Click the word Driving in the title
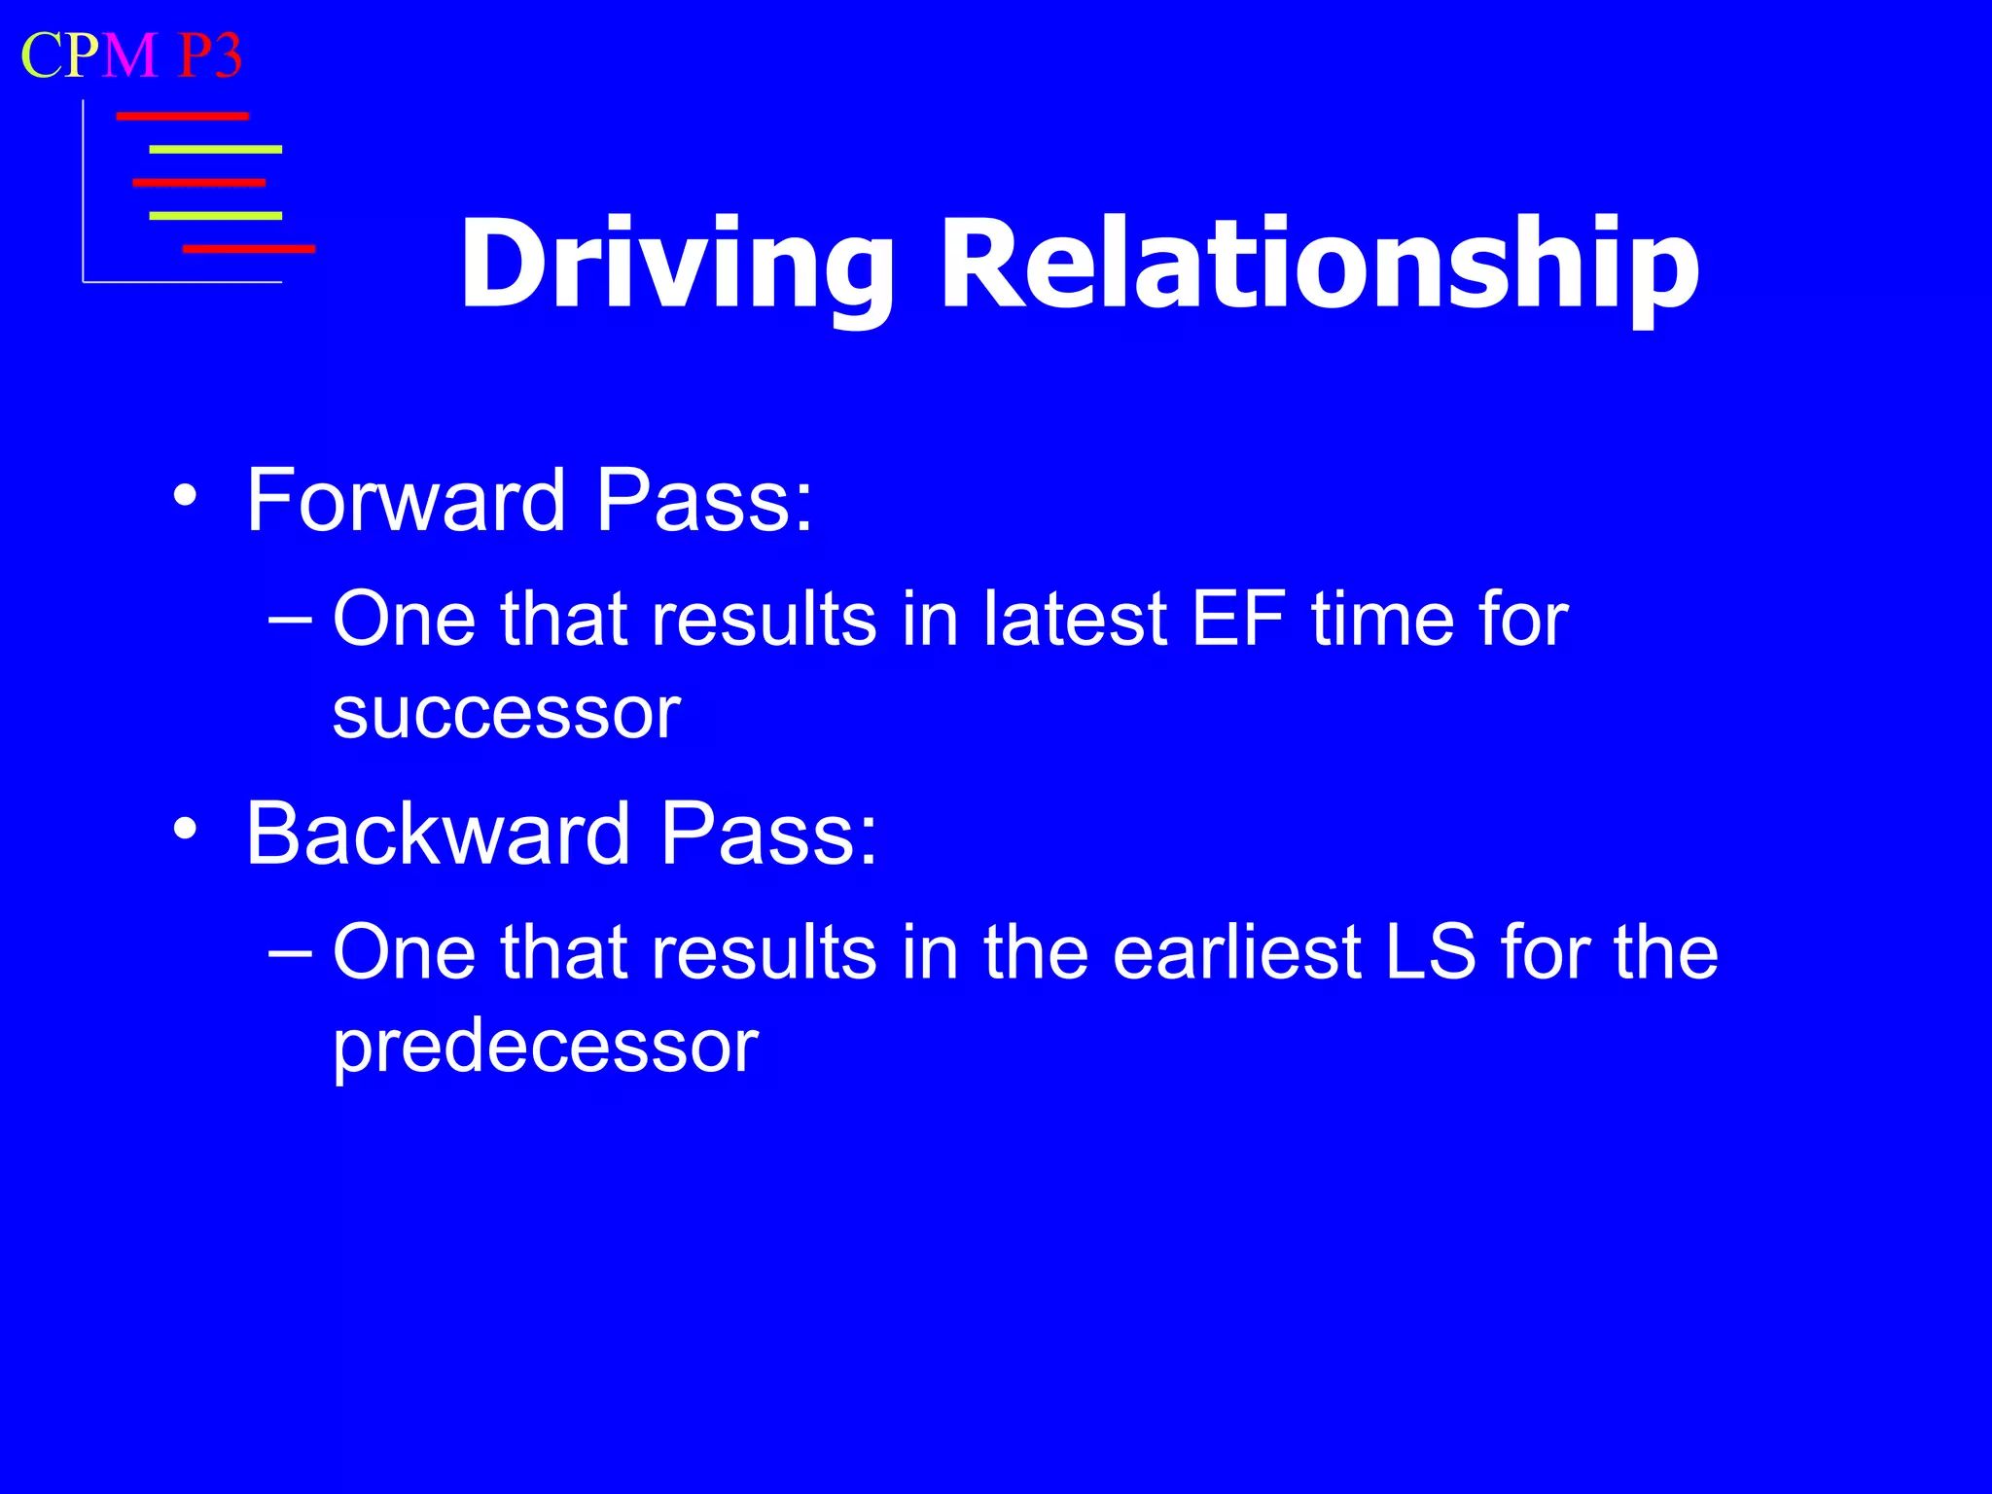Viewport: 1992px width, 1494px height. point(675,265)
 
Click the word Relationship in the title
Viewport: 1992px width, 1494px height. point(1319,265)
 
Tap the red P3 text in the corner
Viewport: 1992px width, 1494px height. point(210,55)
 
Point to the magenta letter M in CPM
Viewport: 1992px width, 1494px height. point(129,55)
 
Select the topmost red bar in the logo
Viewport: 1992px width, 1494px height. point(182,117)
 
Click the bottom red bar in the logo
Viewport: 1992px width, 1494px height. point(249,249)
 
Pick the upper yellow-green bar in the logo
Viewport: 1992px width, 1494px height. point(215,150)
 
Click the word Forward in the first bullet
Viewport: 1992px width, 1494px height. point(406,500)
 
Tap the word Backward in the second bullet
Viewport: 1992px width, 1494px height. point(438,834)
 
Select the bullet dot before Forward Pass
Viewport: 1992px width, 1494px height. point(185,497)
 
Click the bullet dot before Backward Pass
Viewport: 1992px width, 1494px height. point(185,830)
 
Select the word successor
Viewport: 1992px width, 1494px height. point(506,713)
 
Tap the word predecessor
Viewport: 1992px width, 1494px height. point(545,1047)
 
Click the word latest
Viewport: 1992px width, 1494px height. point(1074,619)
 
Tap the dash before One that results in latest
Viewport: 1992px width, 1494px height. point(290,621)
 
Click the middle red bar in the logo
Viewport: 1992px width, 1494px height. point(198,183)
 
